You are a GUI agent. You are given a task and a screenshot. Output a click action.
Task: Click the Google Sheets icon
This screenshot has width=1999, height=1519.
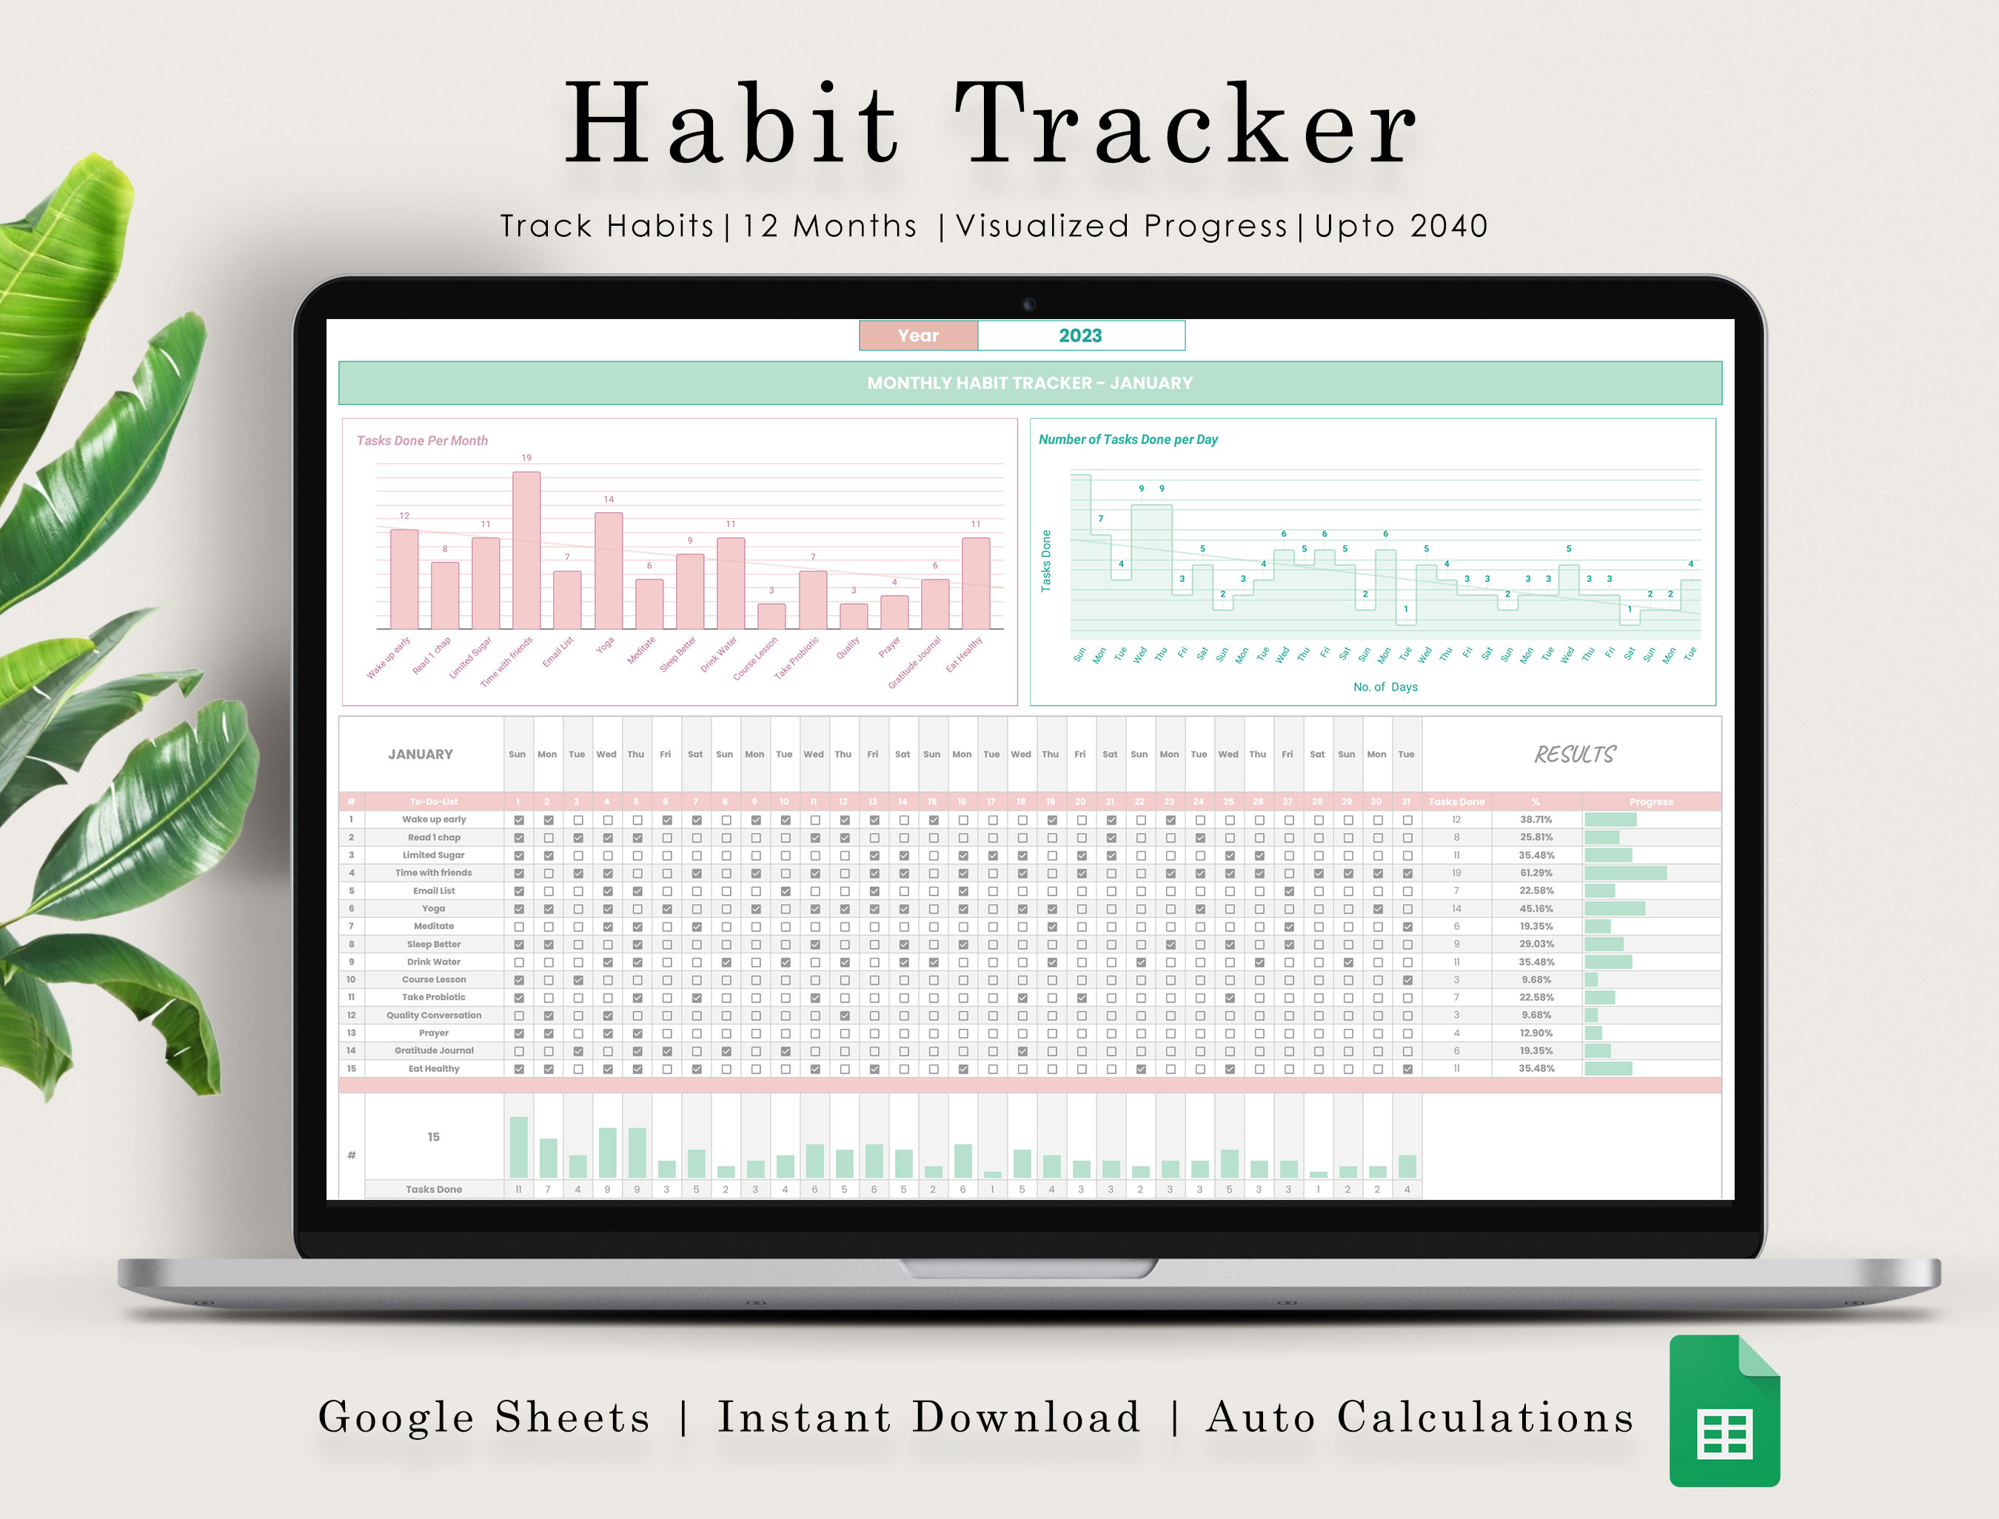1724,1410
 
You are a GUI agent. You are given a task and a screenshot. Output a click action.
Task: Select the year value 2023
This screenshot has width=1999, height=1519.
1080,335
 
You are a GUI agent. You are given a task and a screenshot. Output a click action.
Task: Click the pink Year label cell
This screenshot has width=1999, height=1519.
917,335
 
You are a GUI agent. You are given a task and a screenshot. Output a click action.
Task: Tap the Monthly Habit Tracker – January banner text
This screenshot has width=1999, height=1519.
1030,383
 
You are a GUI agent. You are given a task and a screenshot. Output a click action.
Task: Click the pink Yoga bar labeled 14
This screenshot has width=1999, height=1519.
609,571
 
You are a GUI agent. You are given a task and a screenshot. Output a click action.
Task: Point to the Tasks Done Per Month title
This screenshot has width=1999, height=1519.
422,440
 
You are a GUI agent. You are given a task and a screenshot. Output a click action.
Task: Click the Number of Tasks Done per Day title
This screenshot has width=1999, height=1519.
1128,440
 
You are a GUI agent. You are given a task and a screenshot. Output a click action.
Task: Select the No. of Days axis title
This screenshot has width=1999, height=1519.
1385,687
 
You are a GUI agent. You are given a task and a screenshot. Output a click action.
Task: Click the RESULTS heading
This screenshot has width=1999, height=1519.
1574,755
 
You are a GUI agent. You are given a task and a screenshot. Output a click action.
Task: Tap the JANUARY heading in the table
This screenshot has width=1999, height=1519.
421,754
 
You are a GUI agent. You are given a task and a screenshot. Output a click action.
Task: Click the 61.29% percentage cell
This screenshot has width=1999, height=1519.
1536,873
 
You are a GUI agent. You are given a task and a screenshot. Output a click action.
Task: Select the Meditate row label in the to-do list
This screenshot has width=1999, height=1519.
434,926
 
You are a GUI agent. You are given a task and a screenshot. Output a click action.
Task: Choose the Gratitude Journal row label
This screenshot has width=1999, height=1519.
434,1050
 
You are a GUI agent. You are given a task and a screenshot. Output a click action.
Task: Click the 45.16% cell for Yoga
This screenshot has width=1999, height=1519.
1536,909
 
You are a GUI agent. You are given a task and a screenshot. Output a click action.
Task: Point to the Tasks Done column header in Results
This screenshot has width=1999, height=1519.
1456,802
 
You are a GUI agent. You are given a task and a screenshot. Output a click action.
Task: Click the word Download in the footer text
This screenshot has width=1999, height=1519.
1026,1417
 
